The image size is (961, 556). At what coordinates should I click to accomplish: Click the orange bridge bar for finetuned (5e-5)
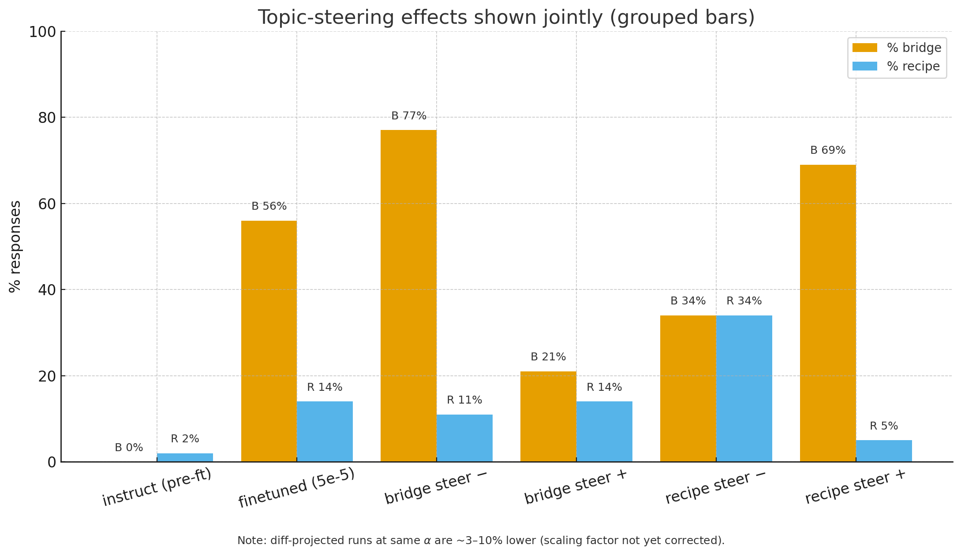tap(269, 341)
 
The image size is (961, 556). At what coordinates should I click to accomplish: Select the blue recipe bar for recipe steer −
tap(744, 388)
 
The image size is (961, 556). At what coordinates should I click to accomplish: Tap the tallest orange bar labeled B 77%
tap(408, 296)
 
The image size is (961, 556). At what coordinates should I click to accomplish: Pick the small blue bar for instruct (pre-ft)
tap(185, 457)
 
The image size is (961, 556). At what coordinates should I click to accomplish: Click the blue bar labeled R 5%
tap(884, 451)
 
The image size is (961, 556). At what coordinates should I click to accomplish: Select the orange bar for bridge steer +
tap(548, 416)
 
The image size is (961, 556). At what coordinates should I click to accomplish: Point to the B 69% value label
tap(828, 151)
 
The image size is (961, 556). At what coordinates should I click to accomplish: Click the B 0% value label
tap(129, 448)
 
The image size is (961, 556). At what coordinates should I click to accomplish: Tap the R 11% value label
tap(464, 400)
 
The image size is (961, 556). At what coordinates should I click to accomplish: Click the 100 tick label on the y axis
tap(42, 32)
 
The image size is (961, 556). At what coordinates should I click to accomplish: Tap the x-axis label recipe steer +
tap(855, 487)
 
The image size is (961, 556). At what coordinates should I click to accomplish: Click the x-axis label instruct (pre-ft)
tap(157, 487)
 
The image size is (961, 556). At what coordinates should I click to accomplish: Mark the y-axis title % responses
tap(15, 246)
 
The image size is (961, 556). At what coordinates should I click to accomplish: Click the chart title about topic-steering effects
tap(506, 18)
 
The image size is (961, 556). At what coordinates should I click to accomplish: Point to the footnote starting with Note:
tap(481, 541)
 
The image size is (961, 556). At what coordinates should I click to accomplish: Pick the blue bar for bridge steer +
tap(604, 431)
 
